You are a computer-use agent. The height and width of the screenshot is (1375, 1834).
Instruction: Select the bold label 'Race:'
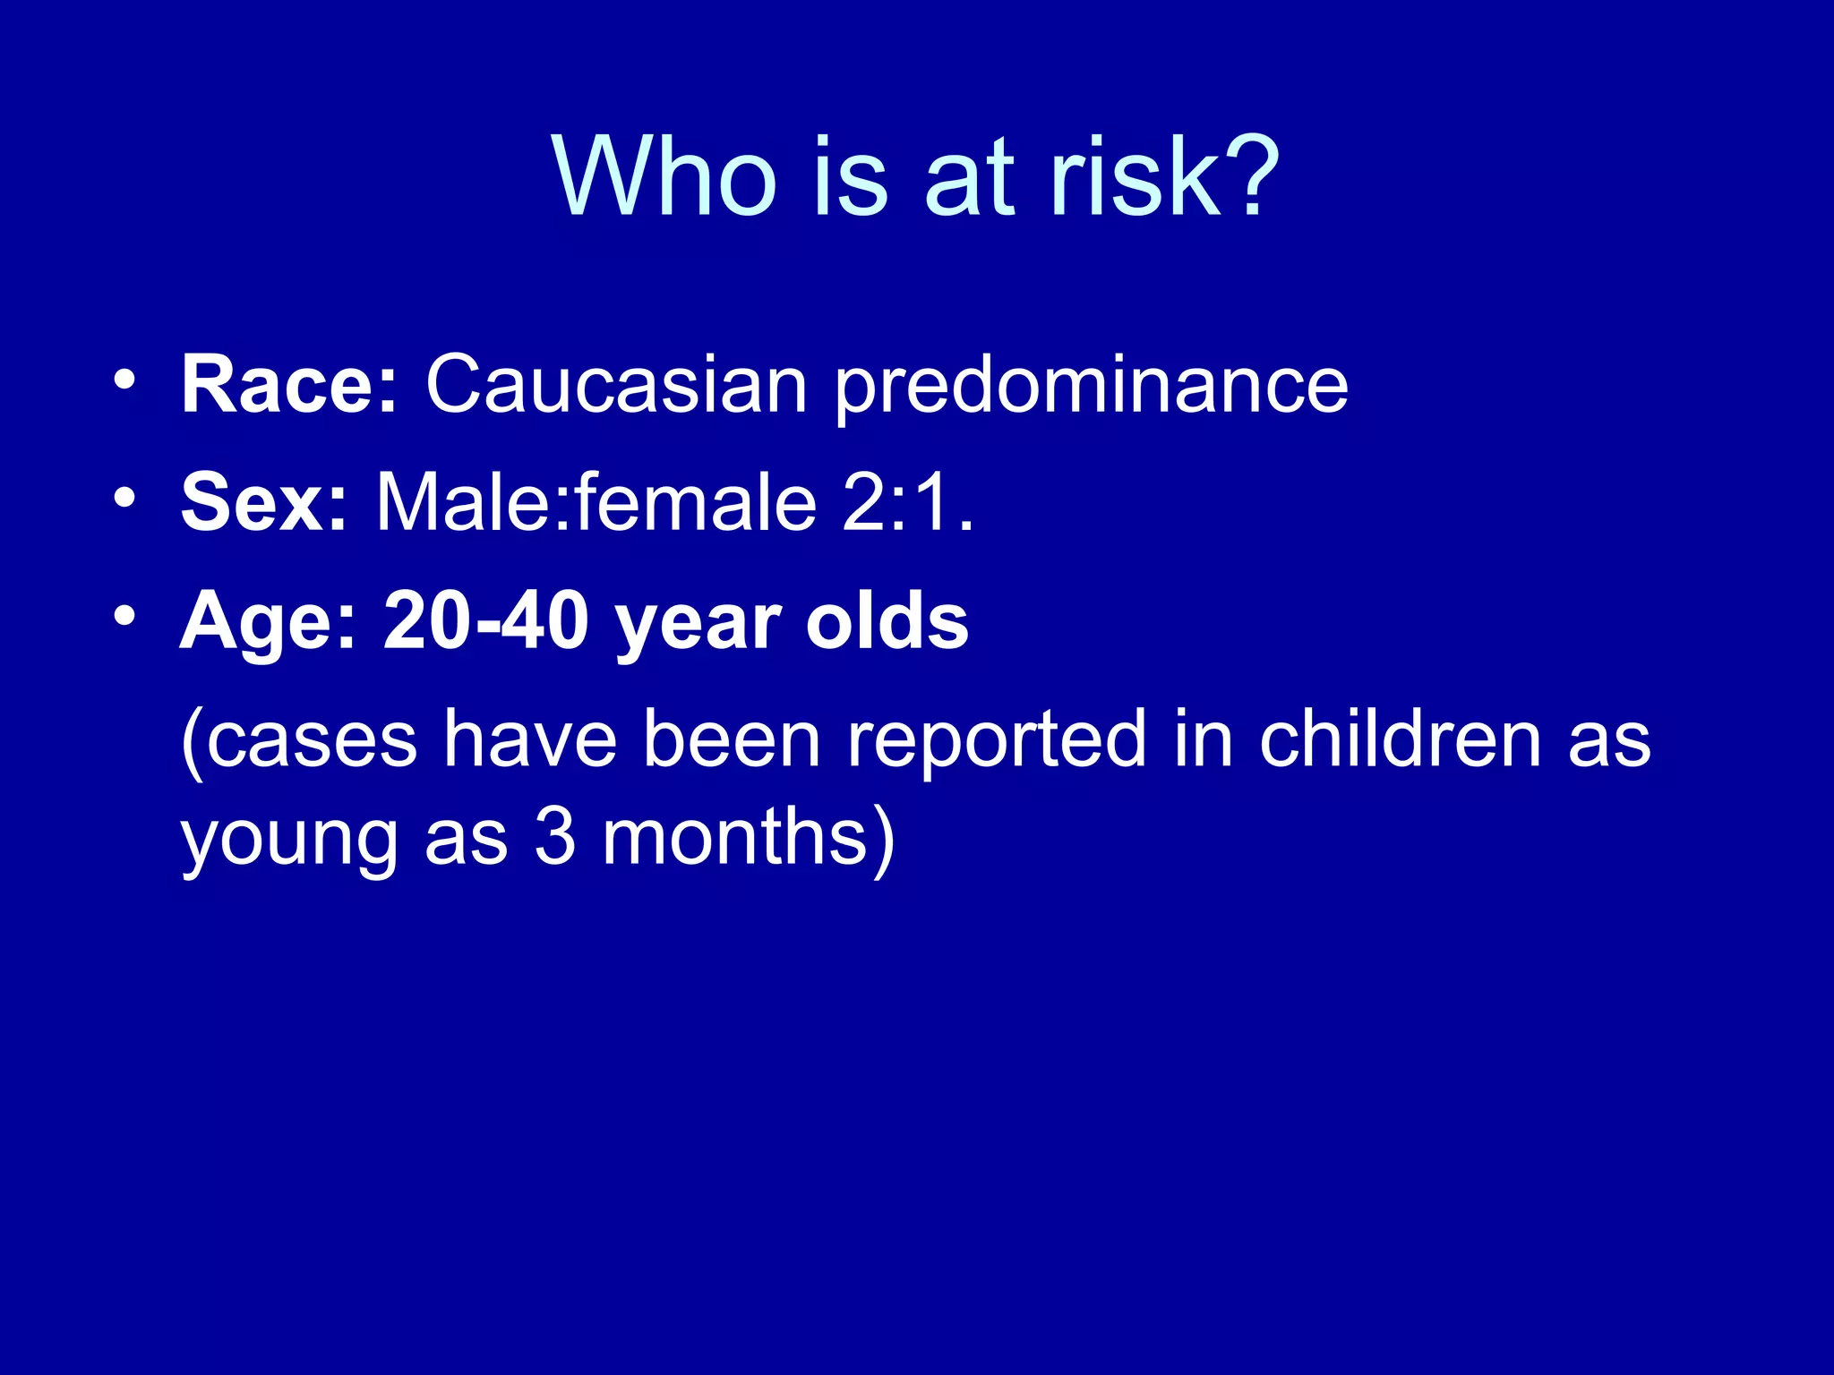pos(288,384)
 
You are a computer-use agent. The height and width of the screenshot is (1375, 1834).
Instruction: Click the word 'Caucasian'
pos(616,384)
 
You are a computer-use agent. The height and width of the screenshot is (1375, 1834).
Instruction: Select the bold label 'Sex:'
pos(263,502)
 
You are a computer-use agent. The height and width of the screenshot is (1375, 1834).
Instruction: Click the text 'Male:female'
pos(596,502)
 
